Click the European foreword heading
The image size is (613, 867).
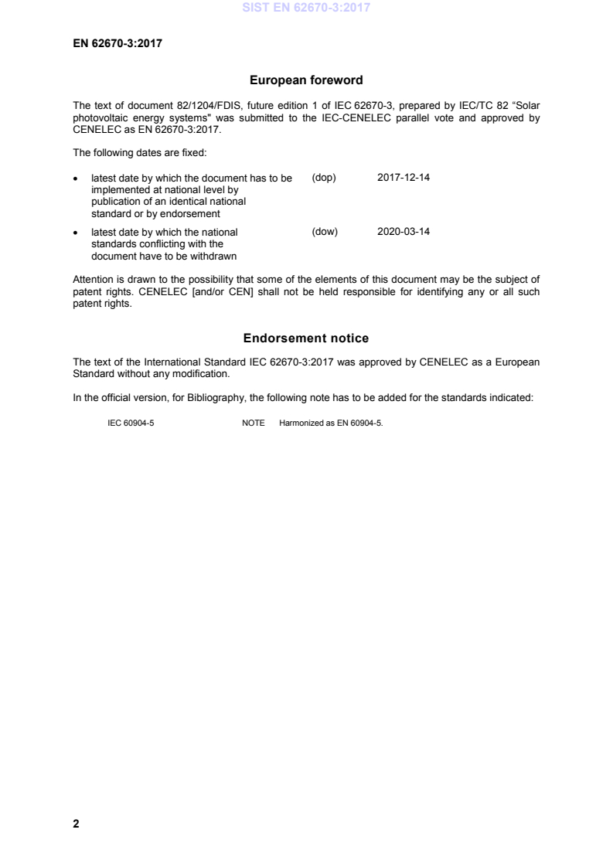coord(306,80)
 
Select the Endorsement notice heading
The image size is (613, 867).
coord(306,338)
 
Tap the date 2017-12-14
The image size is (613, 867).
coord(404,178)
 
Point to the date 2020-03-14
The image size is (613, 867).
coord(404,232)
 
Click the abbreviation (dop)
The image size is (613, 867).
coord(324,178)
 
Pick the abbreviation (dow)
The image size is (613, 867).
coord(325,232)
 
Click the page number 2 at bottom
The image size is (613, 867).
coord(76,824)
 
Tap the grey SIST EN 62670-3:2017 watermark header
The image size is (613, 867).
coord(306,8)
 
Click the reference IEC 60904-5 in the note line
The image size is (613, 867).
coord(131,423)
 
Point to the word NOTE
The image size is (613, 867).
coord(254,423)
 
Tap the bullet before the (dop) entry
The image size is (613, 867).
coord(76,178)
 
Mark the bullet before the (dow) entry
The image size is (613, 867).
coord(76,233)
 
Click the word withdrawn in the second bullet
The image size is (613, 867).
coord(214,257)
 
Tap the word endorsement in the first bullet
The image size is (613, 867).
coord(196,214)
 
